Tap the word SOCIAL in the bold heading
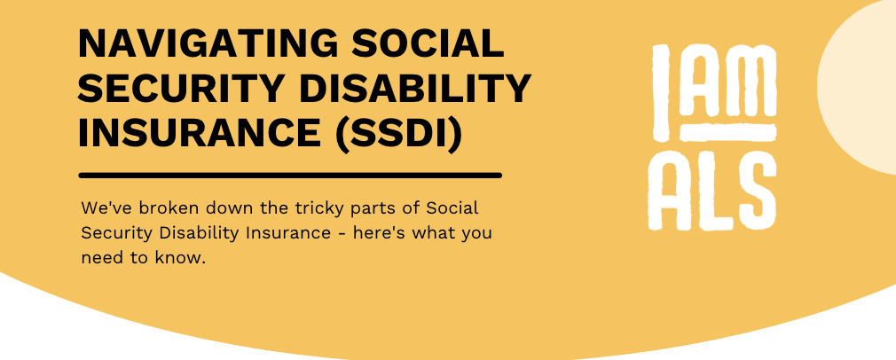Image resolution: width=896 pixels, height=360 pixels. click(428, 43)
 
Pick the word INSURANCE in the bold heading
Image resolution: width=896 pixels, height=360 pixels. click(200, 134)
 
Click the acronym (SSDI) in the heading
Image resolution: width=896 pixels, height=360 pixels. click(398, 135)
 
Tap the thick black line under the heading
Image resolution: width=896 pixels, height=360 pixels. click(290, 176)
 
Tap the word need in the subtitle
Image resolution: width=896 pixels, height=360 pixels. click(100, 258)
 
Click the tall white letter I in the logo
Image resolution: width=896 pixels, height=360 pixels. click(661, 92)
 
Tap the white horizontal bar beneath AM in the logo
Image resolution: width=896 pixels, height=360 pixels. click(728, 133)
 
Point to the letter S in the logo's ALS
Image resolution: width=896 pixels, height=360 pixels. click(757, 189)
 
